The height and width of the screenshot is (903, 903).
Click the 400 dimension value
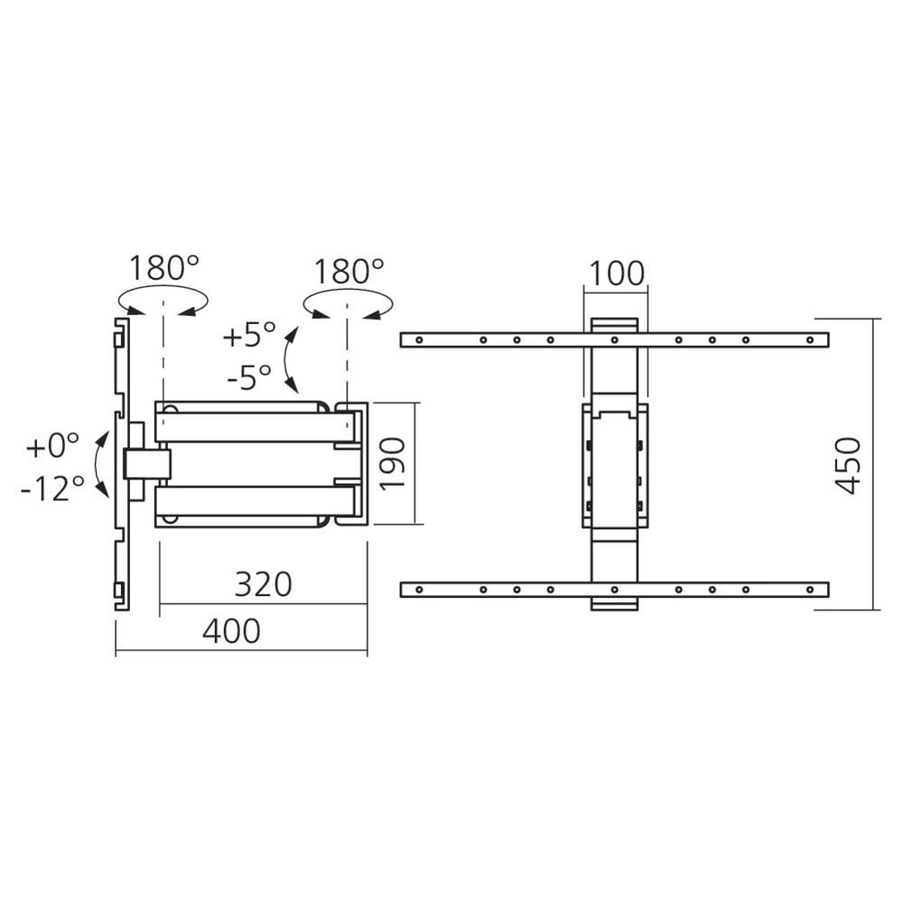(231, 630)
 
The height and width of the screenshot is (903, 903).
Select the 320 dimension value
(264, 584)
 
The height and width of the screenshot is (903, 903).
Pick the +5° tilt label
(250, 335)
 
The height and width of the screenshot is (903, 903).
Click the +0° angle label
(52, 446)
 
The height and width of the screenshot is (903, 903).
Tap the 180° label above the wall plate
(163, 268)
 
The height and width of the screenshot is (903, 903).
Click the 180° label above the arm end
(349, 270)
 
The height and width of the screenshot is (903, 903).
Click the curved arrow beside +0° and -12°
(101, 465)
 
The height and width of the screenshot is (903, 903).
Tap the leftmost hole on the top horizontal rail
(417, 340)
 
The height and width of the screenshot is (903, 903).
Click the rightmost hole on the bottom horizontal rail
(812, 590)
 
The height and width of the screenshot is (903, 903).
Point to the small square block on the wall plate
(147, 465)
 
